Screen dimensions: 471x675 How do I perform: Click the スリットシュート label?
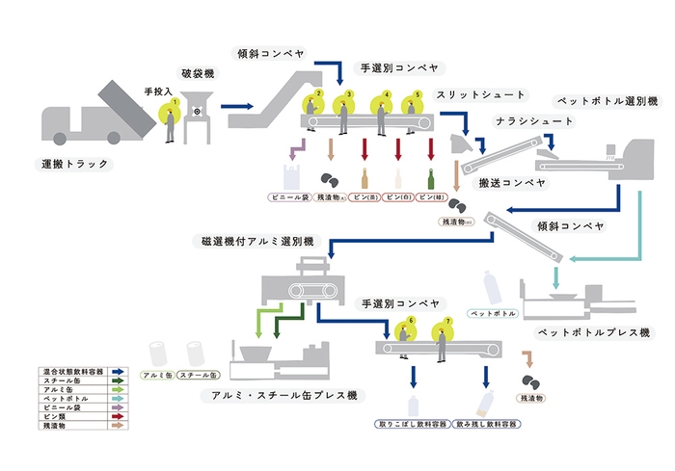click(481, 95)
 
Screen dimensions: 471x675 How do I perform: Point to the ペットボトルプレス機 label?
click(595, 332)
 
